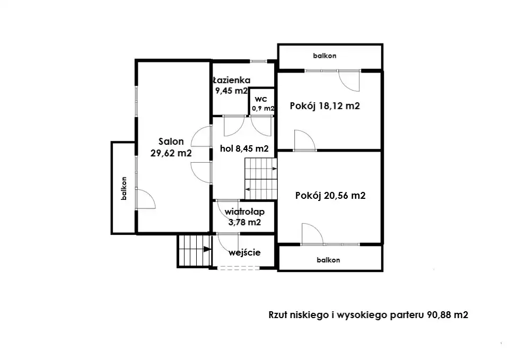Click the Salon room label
[x=171, y=142]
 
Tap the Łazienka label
[x=232, y=80]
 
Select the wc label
[x=261, y=99]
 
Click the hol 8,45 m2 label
[x=244, y=148]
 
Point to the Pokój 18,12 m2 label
[x=325, y=106]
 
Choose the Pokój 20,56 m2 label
[x=330, y=196]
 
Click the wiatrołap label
[x=244, y=212]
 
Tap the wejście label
[x=244, y=252]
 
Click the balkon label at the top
[x=324, y=56]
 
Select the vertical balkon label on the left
[x=124, y=188]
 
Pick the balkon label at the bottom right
[x=329, y=260]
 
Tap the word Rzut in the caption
[x=277, y=315]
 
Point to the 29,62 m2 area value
[x=171, y=153]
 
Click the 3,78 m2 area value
[x=244, y=222]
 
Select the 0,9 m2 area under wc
[x=263, y=108]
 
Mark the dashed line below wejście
[x=239, y=268]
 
